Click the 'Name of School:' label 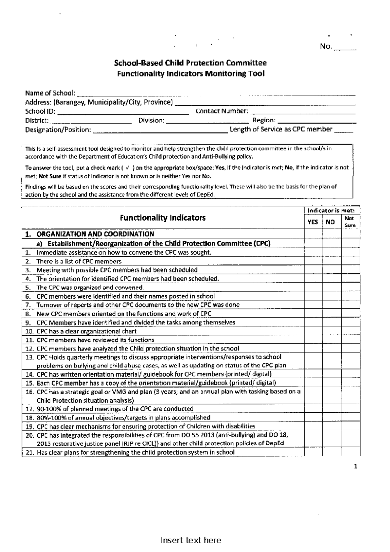click(50, 93)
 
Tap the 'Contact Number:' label click(222, 111)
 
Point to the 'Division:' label click(152, 120)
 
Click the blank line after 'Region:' click(317, 122)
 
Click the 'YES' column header click(313, 222)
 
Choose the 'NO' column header click(330, 222)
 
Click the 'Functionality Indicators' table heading click(162, 218)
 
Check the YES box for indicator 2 click(313, 261)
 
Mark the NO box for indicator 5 click(331, 288)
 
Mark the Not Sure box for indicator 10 click(351, 331)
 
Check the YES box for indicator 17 click(313, 409)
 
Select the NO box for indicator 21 click(331, 452)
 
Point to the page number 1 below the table click(356, 467)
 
